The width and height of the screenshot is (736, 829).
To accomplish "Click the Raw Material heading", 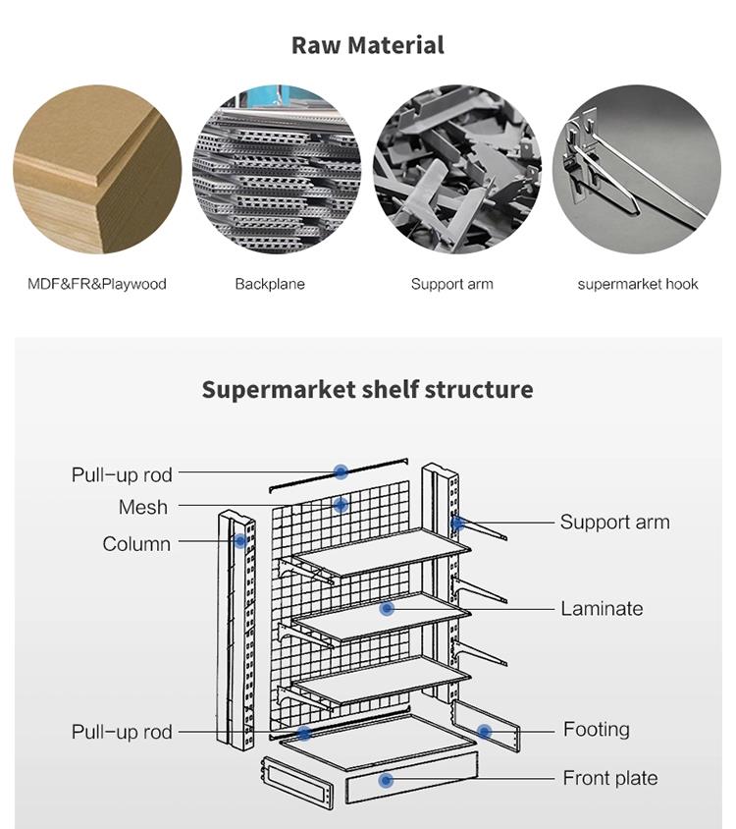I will (x=367, y=45).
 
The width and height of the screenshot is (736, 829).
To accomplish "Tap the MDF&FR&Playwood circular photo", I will (x=96, y=169).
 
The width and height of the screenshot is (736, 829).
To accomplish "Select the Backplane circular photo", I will (x=277, y=169).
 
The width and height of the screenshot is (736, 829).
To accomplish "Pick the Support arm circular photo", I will (x=456, y=169).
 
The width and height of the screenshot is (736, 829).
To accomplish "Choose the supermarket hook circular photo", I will (x=637, y=169).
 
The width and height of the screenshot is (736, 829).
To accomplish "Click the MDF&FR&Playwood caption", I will (x=96, y=284).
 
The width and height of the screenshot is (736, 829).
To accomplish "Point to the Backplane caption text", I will (x=270, y=284).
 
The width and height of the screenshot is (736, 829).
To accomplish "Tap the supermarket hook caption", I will (x=638, y=284).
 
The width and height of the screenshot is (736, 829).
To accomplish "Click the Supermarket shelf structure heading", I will (x=367, y=389).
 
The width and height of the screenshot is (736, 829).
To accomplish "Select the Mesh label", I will (x=143, y=507).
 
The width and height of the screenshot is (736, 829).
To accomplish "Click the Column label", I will (x=136, y=543).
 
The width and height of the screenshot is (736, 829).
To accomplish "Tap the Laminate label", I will (x=602, y=608).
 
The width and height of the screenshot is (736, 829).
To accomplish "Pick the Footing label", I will (x=596, y=729).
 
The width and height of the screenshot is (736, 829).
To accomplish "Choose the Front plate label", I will (x=609, y=778).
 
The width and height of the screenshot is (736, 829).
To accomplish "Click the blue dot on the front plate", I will (x=386, y=780).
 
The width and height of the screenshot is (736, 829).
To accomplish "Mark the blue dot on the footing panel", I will (x=484, y=731).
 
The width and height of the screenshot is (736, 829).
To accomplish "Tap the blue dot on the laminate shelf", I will (x=387, y=609).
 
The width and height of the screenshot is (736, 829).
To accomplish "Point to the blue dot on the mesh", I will (x=341, y=506).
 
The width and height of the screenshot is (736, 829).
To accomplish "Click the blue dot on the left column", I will (x=239, y=540).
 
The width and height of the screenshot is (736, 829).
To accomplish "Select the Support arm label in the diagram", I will (x=614, y=522).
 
